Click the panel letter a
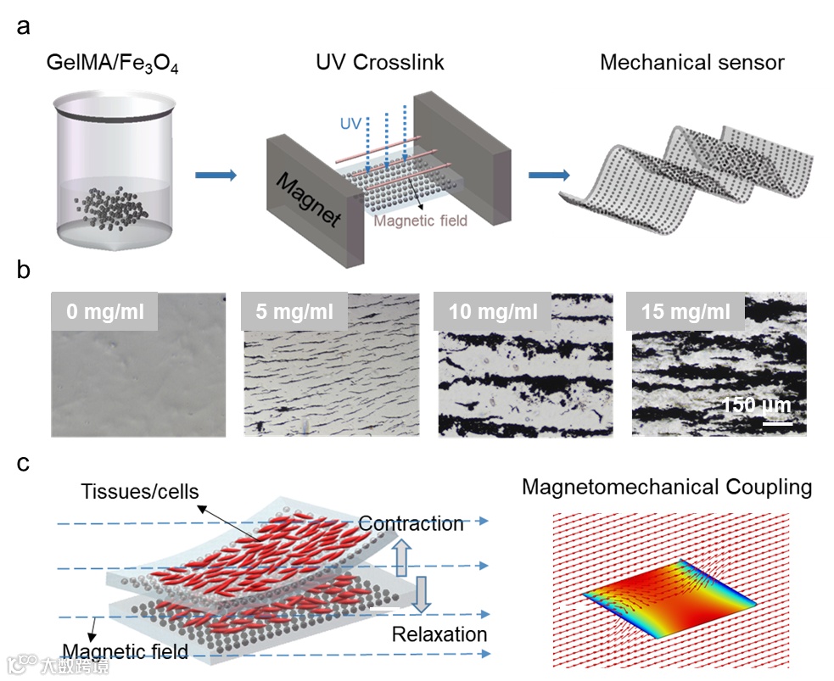24,26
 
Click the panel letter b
25,272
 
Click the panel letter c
24,463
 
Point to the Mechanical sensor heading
691,63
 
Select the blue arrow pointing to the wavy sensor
548,176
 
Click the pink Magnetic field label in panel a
421,221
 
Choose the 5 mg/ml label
294,311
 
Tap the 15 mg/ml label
686,311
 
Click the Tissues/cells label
140,491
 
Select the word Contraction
411,523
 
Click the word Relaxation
439,634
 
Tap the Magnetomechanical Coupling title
666,488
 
